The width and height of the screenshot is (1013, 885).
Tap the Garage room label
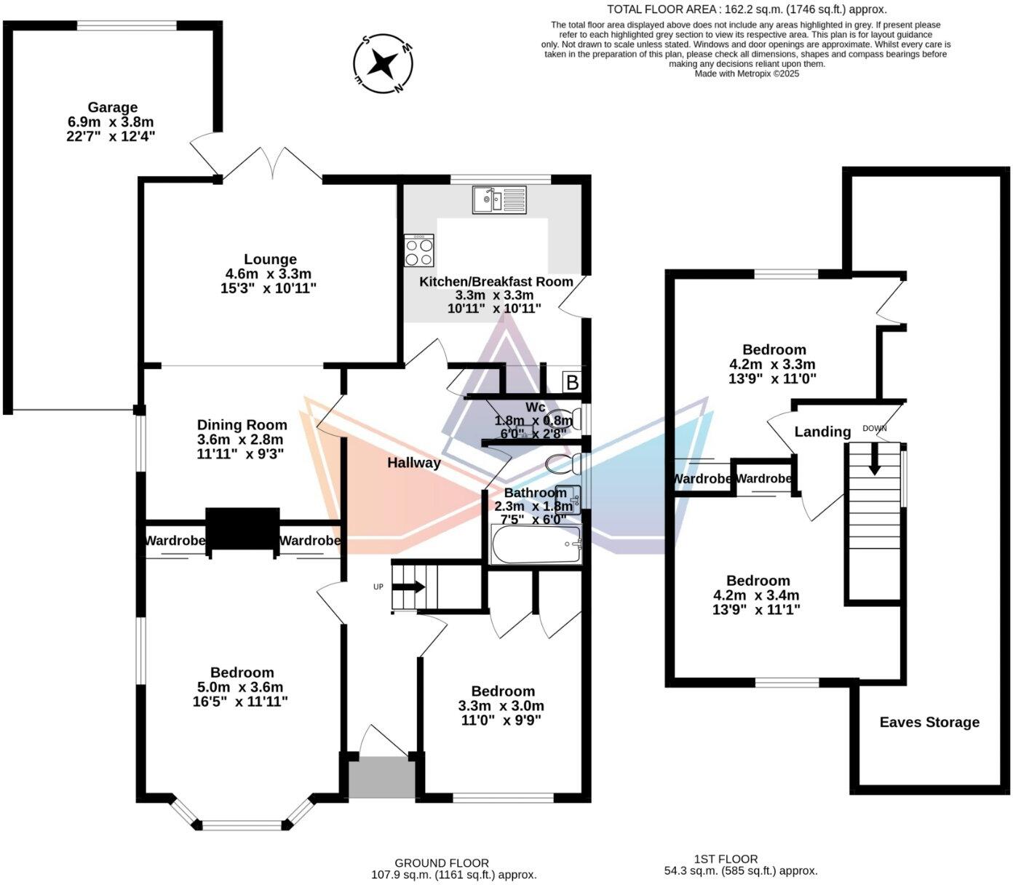pyautogui.click(x=112, y=108)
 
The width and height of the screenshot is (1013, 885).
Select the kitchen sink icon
pyautogui.click(x=498, y=199)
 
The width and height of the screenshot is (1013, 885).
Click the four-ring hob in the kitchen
pyautogui.click(x=418, y=250)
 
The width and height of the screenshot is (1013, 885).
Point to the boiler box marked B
pyautogui.click(x=573, y=382)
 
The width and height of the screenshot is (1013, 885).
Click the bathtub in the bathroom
pyautogui.click(x=536, y=545)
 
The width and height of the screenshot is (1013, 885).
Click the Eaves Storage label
pyautogui.click(x=929, y=722)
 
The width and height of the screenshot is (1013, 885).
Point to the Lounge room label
pyautogui.click(x=270, y=259)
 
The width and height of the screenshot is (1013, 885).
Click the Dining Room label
pyautogui.click(x=242, y=425)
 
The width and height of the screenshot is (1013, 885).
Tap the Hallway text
pyautogui.click(x=413, y=462)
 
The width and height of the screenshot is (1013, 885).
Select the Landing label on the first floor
pyautogui.click(x=822, y=432)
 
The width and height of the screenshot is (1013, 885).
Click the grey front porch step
pyautogui.click(x=381, y=777)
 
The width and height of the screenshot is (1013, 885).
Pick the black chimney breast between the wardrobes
pyautogui.click(x=242, y=530)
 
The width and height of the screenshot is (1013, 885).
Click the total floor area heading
pyautogui.click(x=747, y=9)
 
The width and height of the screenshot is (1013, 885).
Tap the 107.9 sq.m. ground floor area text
pyautogui.click(x=453, y=875)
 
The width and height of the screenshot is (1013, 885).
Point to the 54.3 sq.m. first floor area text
pyautogui.click(x=741, y=870)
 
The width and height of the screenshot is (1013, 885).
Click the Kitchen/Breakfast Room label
pyautogui.click(x=496, y=282)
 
